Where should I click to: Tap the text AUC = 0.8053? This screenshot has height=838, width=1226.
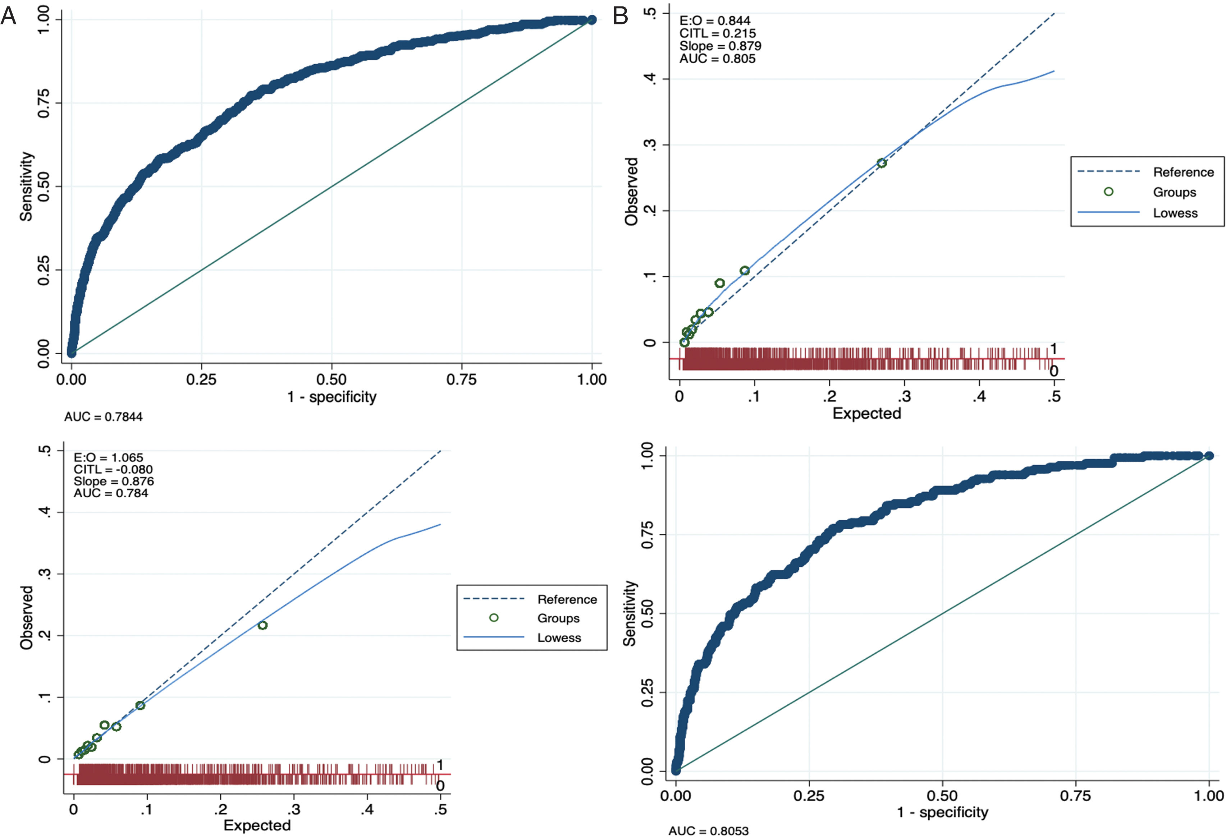click(709, 831)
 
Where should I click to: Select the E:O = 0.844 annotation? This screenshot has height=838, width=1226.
click(715, 20)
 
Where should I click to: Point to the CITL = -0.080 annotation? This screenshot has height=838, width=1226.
click(113, 469)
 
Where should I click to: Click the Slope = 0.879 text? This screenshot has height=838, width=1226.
click(720, 46)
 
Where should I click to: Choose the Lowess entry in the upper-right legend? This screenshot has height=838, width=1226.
click(1175, 213)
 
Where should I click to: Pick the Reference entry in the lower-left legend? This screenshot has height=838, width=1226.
click(567, 600)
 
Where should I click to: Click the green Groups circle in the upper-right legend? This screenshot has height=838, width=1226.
click(1108, 192)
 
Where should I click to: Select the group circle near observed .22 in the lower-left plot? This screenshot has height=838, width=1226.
click(262, 626)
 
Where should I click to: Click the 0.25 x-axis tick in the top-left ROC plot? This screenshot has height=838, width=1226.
click(201, 380)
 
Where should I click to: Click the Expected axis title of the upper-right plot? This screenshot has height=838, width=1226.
click(867, 414)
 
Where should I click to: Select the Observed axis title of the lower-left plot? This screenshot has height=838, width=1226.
click(26, 618)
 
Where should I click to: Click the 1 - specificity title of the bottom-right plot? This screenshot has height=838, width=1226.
click(943, 813)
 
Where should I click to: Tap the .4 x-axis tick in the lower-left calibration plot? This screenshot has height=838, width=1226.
click(367, 810)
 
